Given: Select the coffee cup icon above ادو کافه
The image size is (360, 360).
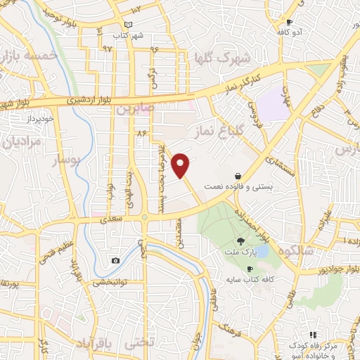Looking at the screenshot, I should [x=289, y=22].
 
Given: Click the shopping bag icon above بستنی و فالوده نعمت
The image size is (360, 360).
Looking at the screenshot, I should [x=238, y=176].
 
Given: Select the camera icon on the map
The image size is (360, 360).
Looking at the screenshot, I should [x=115, y=260].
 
